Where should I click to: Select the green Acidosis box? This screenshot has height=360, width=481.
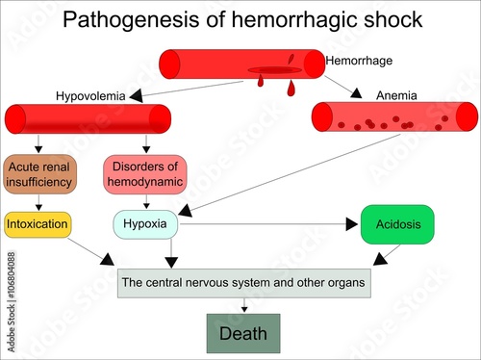[397, 224]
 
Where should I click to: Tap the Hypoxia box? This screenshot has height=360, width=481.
[145, 224]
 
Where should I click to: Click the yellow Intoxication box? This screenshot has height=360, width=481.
[38, 224]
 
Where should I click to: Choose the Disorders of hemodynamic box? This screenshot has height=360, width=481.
[144, 173]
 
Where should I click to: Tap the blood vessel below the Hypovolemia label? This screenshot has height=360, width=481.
[88, 119]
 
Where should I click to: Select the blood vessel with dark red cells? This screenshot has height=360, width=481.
[394, 116]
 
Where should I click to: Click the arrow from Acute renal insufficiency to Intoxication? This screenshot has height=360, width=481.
[38, 202]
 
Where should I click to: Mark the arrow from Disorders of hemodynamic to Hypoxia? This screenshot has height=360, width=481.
[145, 201]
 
